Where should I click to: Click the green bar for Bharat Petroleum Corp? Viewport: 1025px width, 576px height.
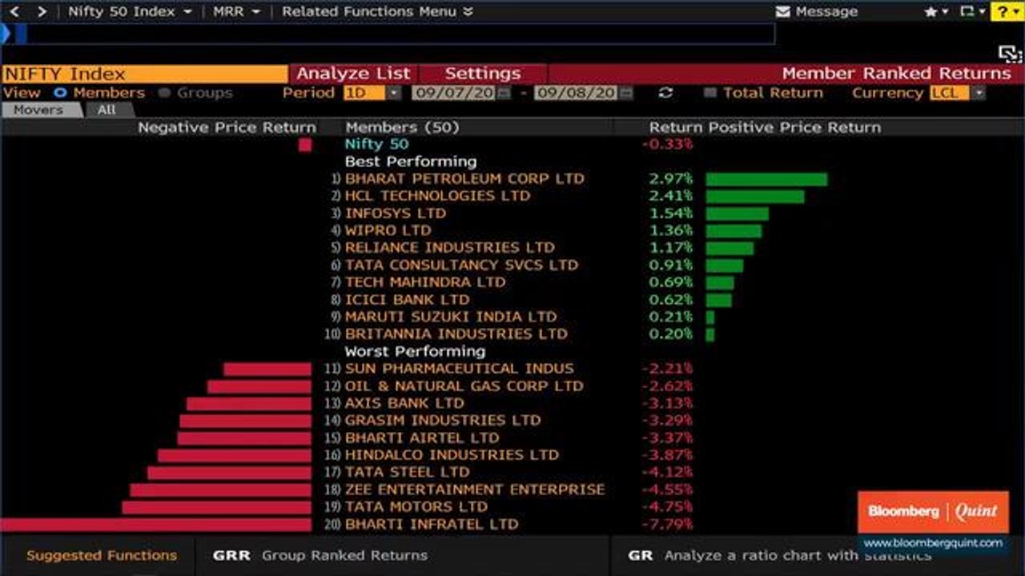[766, 179]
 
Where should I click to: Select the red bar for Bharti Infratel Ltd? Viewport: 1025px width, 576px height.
[155, 525]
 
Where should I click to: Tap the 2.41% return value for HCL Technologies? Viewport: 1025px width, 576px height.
[670, 196]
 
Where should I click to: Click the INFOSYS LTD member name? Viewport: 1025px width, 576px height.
[395, 214]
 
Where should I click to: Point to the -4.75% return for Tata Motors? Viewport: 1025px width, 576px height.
[667, 507]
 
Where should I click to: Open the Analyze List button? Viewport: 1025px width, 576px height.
[353, 74]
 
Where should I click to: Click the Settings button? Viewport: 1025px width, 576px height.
[482, 74]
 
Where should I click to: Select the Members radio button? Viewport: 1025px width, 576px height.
[60, 93]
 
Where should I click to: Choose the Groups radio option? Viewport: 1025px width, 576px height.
[165, 93]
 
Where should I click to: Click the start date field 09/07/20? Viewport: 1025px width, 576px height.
[454, 93]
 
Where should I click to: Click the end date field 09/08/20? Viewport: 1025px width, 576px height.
[576, 93]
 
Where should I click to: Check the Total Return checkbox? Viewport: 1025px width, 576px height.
[709, 93]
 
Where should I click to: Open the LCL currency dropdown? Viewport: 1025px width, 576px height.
[958, 93]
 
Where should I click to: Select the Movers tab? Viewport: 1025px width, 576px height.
[38, 110]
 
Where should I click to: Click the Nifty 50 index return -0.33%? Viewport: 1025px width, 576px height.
[667, 144]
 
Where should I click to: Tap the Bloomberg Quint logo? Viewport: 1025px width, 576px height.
[933, 511]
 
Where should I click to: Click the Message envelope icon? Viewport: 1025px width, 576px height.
[784, 12]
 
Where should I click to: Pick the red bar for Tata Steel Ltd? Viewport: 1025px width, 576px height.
[229, 473]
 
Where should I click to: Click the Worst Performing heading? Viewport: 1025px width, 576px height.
[414, 351]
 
